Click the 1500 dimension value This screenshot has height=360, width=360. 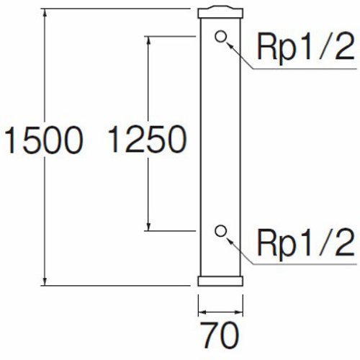point(44,140)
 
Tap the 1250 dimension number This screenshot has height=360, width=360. point(147,139)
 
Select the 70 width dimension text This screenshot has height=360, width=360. point(220,336)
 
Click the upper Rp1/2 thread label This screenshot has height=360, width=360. point(305,47)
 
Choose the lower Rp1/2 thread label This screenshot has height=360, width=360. point(305,243)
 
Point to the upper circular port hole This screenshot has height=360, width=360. point(220,37)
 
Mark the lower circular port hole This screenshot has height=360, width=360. point(220,231)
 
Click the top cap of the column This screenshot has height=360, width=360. point(220,12)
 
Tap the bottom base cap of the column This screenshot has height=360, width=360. point(220,281)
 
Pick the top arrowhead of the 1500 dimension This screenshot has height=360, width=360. point(45,13)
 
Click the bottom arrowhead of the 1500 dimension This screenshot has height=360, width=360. point(45,282)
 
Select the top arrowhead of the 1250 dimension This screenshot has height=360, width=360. point(148,41)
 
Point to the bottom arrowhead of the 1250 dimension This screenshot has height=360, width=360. point(148,226)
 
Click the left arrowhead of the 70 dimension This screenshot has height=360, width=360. point(203,312)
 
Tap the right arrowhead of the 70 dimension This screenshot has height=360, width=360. point(238,312)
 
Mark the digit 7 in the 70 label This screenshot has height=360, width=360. point(209,336)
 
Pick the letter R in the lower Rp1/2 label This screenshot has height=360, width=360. point(266,242)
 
